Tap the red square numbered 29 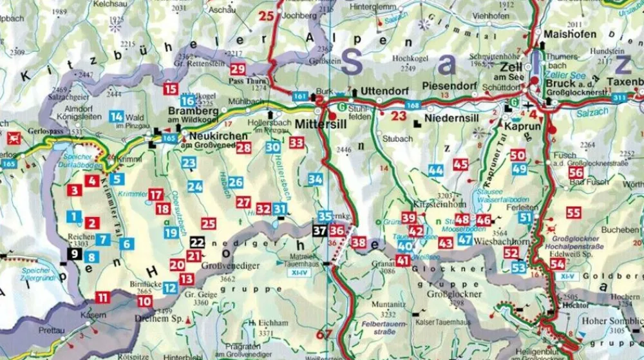click(238, 70)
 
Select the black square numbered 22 click(198, 243)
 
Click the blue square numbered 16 click(187, 100)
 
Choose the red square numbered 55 click(574, 213)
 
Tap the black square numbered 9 click(75, 254)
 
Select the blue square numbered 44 click(435, 170)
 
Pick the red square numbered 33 click(297, 142)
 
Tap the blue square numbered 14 click(117, 117)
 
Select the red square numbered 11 click(102, 298)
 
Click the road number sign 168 click(413, 104)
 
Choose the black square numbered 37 click(320, 230)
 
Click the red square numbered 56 click(576, 173)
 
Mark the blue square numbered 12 click(170, 288)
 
